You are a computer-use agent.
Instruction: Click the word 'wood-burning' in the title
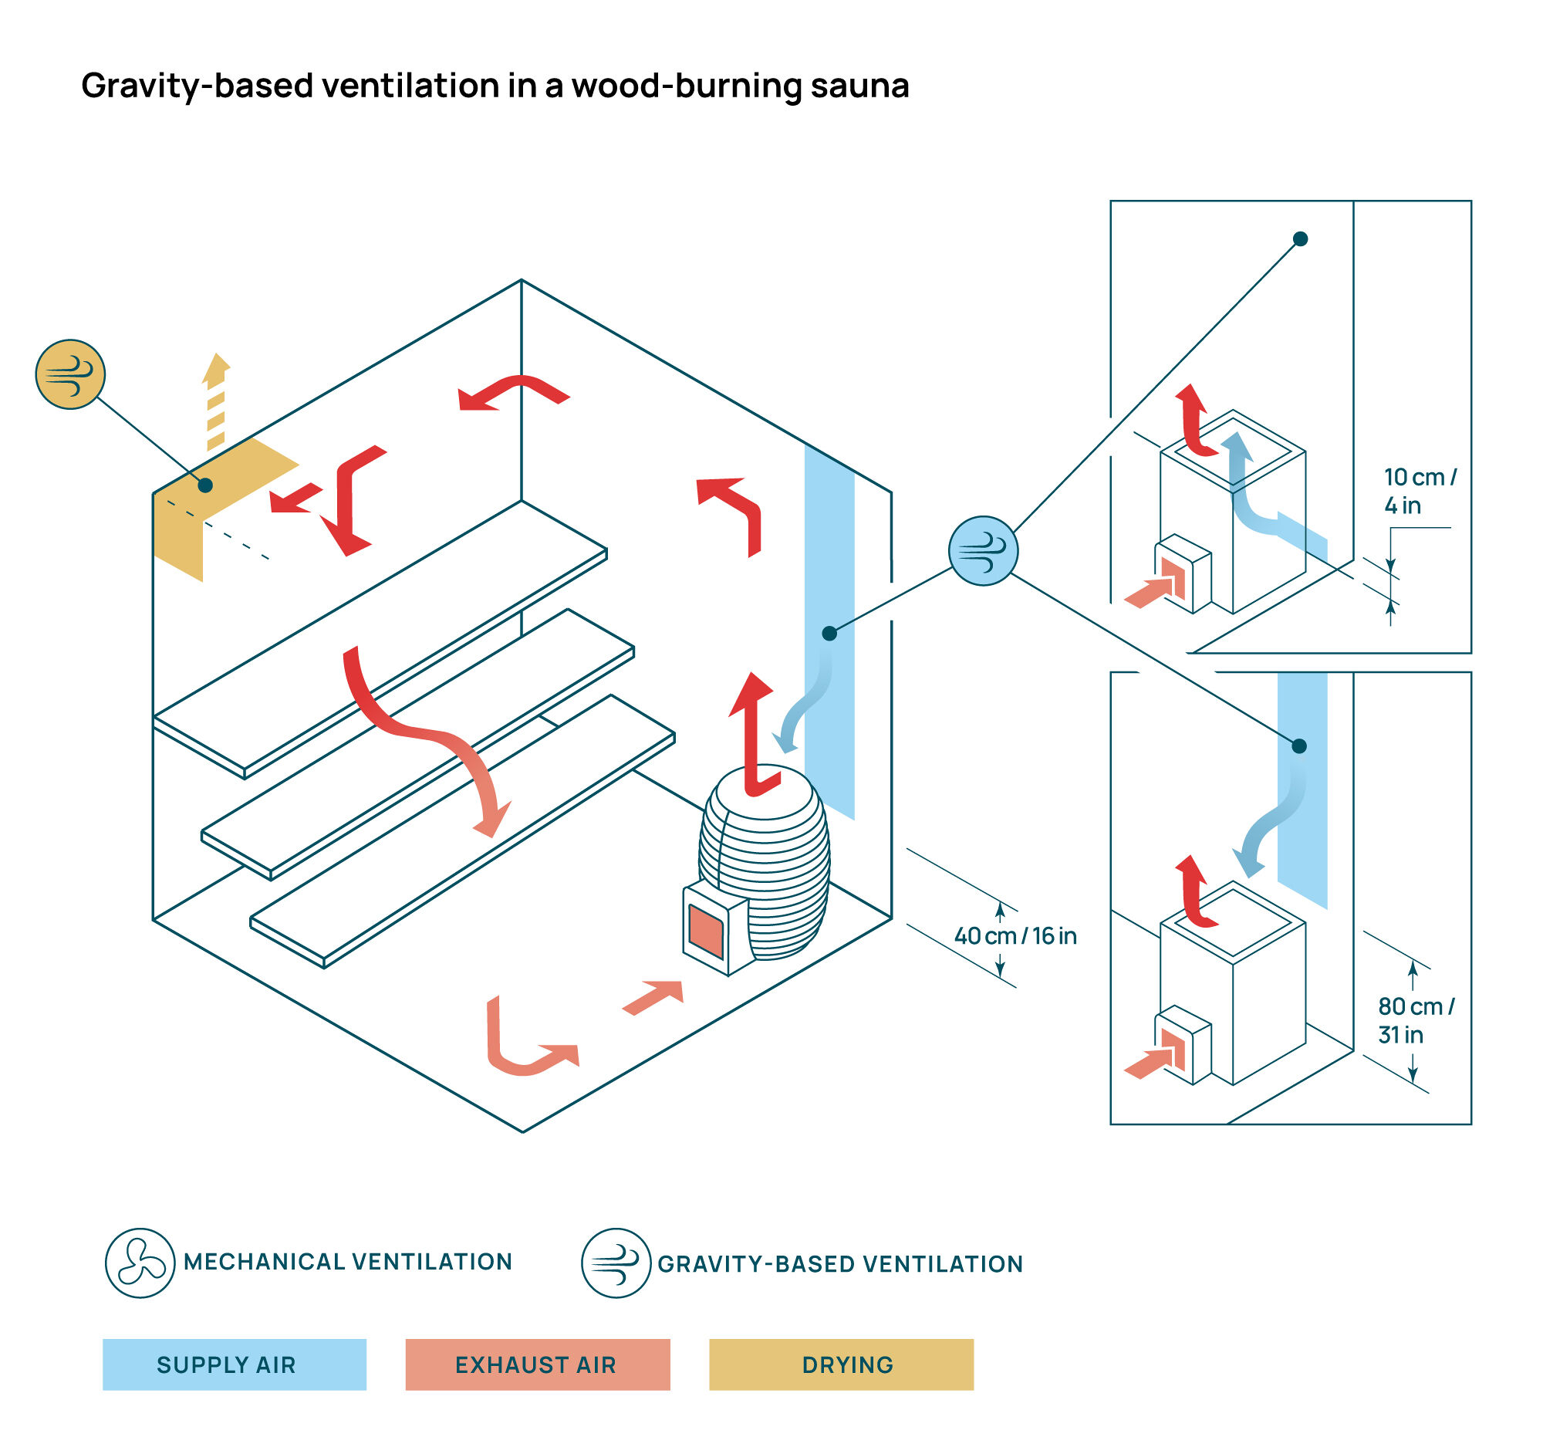coord(686,86)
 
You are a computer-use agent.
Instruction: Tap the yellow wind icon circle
coord(70,374)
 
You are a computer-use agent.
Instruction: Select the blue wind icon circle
coord(983,550)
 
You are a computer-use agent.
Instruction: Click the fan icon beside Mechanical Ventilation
coord(140,1263)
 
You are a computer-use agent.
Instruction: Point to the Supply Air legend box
coord(235,1364)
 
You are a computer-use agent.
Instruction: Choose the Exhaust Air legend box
coord(537,1364)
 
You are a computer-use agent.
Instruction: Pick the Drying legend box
coord(842,1364)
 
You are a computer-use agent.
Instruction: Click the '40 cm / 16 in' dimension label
coord(1015,935)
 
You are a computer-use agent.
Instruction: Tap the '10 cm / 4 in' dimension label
coord(1420,491)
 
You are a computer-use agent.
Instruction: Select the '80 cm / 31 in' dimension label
coord(1416,1020)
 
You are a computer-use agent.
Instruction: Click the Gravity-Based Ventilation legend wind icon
coord(616,1263)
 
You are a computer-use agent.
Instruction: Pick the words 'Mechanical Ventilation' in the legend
coord(348,1262)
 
